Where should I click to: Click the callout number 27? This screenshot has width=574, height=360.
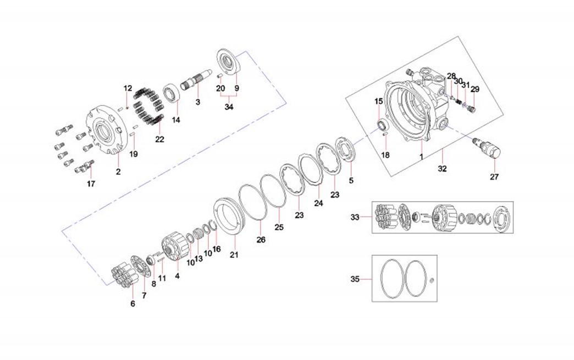tap(493, 177)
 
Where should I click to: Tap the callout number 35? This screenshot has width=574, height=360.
tap(355, 279)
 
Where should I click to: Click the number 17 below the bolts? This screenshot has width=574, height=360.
tap(91, 184)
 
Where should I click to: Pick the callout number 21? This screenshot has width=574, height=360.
tap(235, 255)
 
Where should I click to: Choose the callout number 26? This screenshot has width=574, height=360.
tap(261, 240)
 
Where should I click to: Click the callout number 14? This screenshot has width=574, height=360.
tap(176, 120)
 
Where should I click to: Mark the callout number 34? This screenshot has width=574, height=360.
tap(229, 107)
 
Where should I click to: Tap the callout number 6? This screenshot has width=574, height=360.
tap(132, 303)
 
